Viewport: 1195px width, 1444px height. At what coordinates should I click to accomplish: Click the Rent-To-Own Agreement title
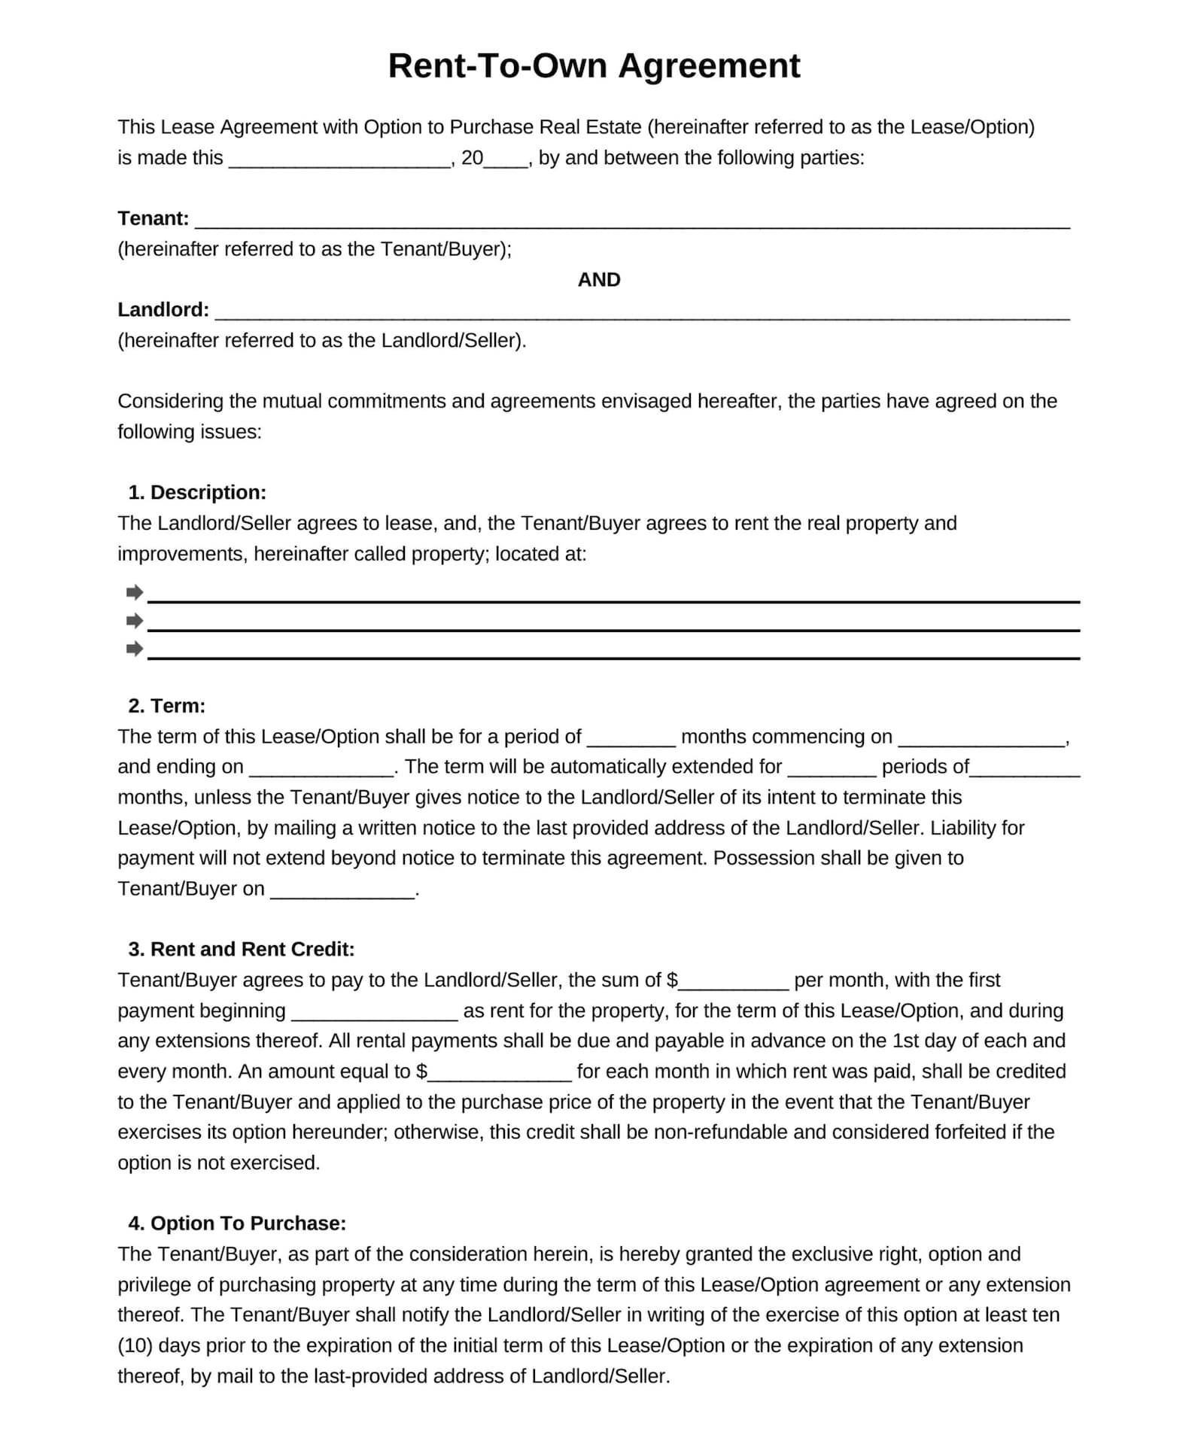click(594, 65)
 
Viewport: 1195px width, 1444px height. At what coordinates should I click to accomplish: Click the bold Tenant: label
click(153, 218)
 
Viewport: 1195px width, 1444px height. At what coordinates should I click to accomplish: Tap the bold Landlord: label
click(163, 309)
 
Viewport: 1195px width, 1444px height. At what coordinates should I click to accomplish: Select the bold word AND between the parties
click(599, 279)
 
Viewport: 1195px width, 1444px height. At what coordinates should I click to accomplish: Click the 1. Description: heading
click(197, 492)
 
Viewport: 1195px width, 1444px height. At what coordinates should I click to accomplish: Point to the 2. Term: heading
click(166, 705)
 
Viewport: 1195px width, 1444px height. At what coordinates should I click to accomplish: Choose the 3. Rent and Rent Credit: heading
click(241, 949)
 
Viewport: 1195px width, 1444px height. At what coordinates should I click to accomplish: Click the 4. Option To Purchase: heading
click(237, 1223)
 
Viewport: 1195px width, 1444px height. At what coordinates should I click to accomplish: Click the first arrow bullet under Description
click(135, 592)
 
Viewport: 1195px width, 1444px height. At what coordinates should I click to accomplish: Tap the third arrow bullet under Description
click(135, 648)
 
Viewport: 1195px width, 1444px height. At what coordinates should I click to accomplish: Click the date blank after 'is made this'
click(339, 160)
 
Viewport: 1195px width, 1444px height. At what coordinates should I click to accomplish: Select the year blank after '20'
click(506, 160)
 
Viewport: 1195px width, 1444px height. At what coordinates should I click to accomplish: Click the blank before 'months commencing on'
click(631, 739)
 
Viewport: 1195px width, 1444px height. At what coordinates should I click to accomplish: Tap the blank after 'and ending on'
click(321, 769)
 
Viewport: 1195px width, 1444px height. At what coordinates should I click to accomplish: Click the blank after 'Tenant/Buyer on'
click(342, 891)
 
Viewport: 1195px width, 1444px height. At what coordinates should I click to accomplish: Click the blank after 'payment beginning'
click(374, 1013)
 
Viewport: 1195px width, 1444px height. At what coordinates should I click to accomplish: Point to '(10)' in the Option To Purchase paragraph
click(135, 1345)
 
